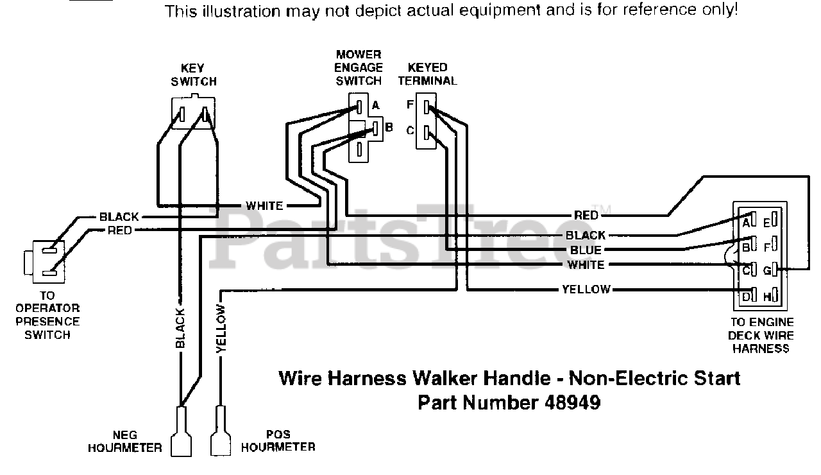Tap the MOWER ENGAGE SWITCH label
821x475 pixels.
[x=359, y=67]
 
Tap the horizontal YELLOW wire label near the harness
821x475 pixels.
[x=586, y=289]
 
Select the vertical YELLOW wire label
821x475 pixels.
[x=221, y=329]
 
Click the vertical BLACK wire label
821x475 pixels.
[x=180, y=329]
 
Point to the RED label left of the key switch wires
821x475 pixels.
[x=120, y=230]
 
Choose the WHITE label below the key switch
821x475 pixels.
[x=264, y=206]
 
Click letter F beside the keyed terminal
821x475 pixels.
[x=410, y=105]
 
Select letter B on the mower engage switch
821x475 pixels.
[x=388, y=127]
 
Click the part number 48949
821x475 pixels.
[x=574, y=403]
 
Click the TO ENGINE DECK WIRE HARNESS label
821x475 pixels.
[x=761, y=335]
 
